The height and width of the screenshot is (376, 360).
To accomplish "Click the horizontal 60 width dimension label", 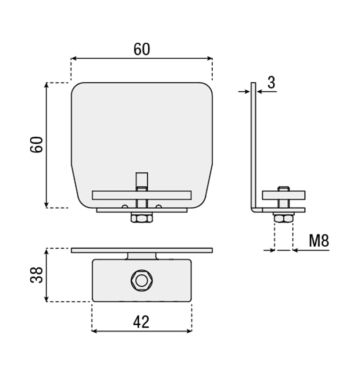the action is pos(142,49).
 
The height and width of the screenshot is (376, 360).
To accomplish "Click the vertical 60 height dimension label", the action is pos(37,144).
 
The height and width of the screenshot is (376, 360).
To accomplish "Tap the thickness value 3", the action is pos(271,83).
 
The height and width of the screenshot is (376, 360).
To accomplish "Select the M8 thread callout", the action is pos(319,241).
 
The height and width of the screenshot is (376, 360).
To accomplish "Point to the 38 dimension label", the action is pos(37,275).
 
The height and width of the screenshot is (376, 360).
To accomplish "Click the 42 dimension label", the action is pos(141,322).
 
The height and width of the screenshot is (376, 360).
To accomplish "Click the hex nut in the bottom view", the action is pos(142,281).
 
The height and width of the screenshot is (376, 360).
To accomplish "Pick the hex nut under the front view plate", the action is pos(142,219).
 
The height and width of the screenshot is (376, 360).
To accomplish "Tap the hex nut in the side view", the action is pos(283,219).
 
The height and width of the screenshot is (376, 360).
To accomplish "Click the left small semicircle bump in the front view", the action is pos(125,206).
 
